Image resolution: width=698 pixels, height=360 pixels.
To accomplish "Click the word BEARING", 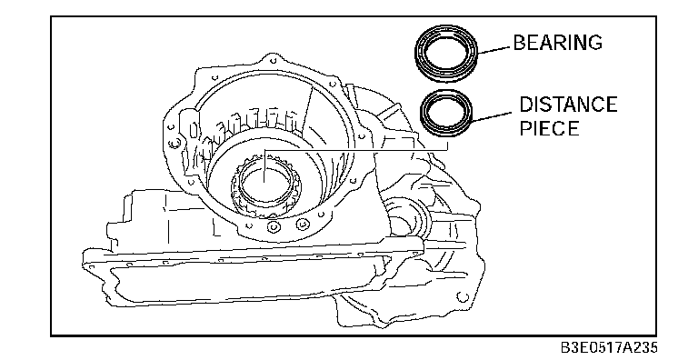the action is point(558,43).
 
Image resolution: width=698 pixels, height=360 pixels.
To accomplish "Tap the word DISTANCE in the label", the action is point(568,105).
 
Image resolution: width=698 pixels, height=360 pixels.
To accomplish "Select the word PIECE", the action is point(549,128).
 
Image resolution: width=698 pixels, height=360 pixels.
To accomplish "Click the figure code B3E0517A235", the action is point(608,347).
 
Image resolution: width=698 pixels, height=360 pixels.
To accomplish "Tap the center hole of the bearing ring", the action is point(446,53).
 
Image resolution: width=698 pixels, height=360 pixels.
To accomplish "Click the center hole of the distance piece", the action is point(446,112).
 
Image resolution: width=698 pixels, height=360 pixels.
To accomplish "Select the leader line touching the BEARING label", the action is point(494,50).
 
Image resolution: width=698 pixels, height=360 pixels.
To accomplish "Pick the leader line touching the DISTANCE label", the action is point(492,117).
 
